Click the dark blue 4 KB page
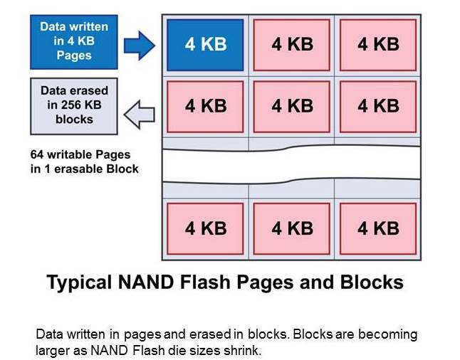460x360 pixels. (x=206, y=44)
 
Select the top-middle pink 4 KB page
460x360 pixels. (x=292, y=44)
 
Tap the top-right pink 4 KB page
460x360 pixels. (x=377, y=44)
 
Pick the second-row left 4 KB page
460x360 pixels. (x=206, y=106)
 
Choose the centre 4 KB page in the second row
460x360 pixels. (x=292, y=106)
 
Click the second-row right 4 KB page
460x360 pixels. (x=377, y=106)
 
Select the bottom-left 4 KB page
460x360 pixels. (x=206, y=228)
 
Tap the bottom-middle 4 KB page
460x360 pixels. (x=292, y=228)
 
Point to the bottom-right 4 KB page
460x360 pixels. (x=377, y=228)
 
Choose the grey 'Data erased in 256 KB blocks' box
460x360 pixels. (x=74, y=105)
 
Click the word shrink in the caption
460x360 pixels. (x=250, y=351)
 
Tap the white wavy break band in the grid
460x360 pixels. (x=292, y=166)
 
